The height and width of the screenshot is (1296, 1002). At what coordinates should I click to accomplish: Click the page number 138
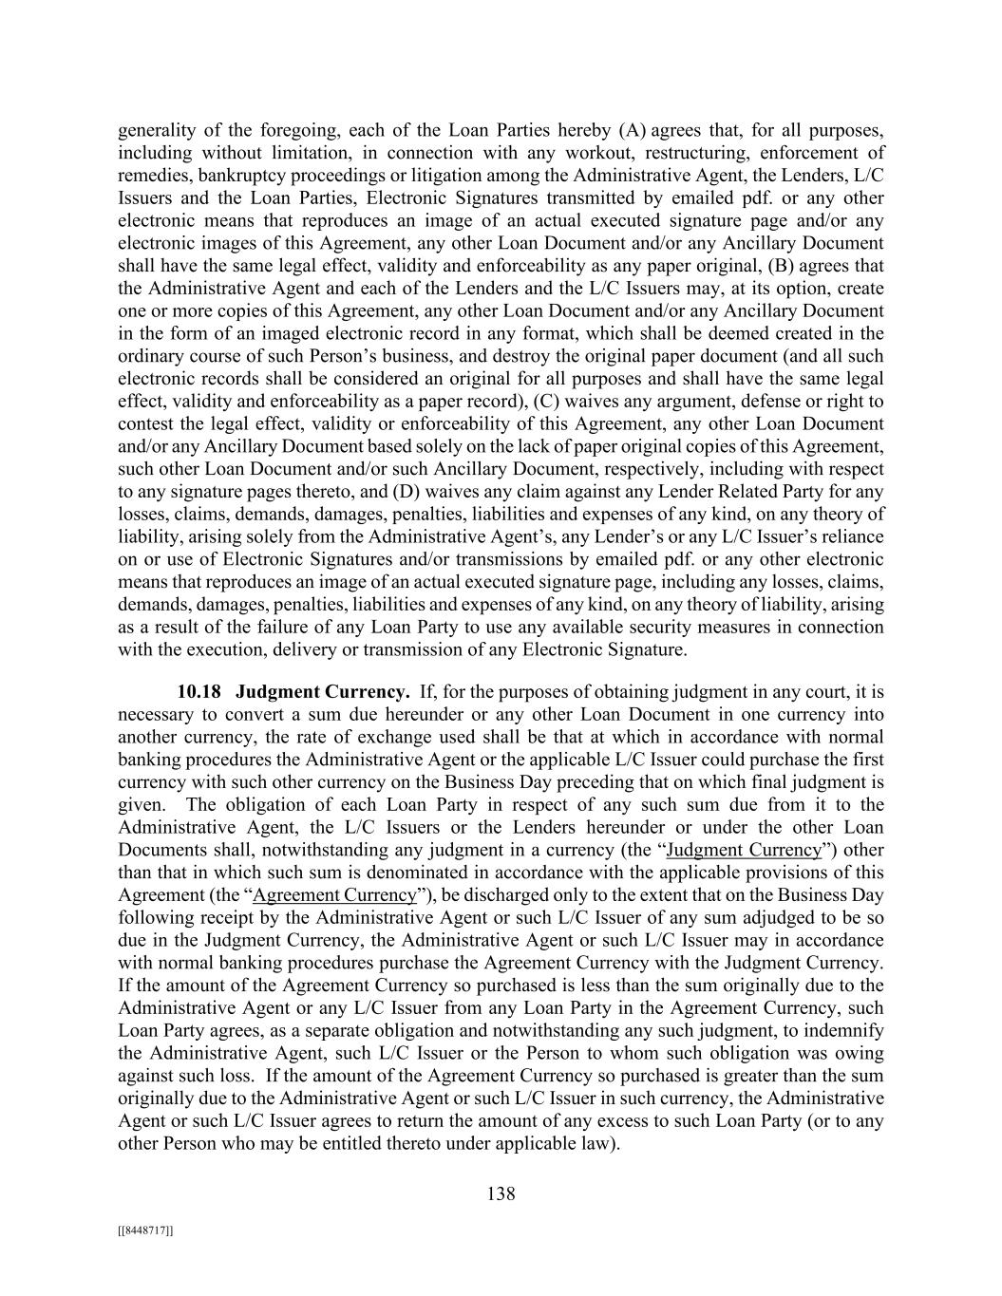click(x=501, y=1193)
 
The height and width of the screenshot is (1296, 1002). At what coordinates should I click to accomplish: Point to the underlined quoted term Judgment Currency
click(x=744, y=850)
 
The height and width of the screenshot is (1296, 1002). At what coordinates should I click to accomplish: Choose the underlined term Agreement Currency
click(x=335, y=895)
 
